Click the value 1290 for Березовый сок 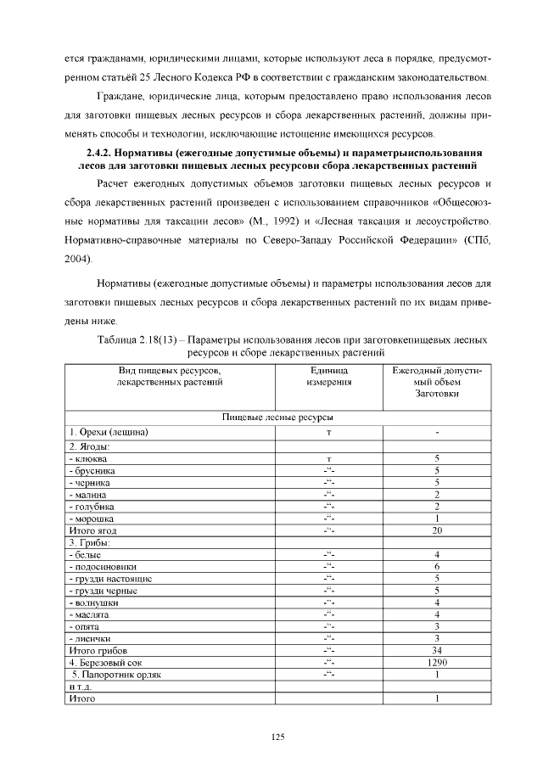point(436,662)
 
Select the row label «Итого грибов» point(92,650)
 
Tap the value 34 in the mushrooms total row point(436,650)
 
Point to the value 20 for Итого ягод point(436,530)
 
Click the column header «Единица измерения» point(328,377)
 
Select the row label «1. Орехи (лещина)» point(109,433)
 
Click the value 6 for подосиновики point(436,566)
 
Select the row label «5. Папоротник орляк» point(115,675)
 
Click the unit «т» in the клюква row point(328,458)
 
